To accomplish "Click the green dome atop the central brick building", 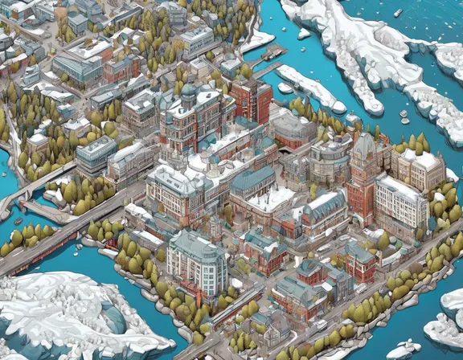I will tap(188, 91).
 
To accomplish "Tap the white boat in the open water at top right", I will tap(398, 13).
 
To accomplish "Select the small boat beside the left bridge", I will tap(18, 220).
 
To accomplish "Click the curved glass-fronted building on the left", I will tap(96, 153).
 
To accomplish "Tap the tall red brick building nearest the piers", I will tap(252, 98).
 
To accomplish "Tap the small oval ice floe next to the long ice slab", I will tap(285, 88).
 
